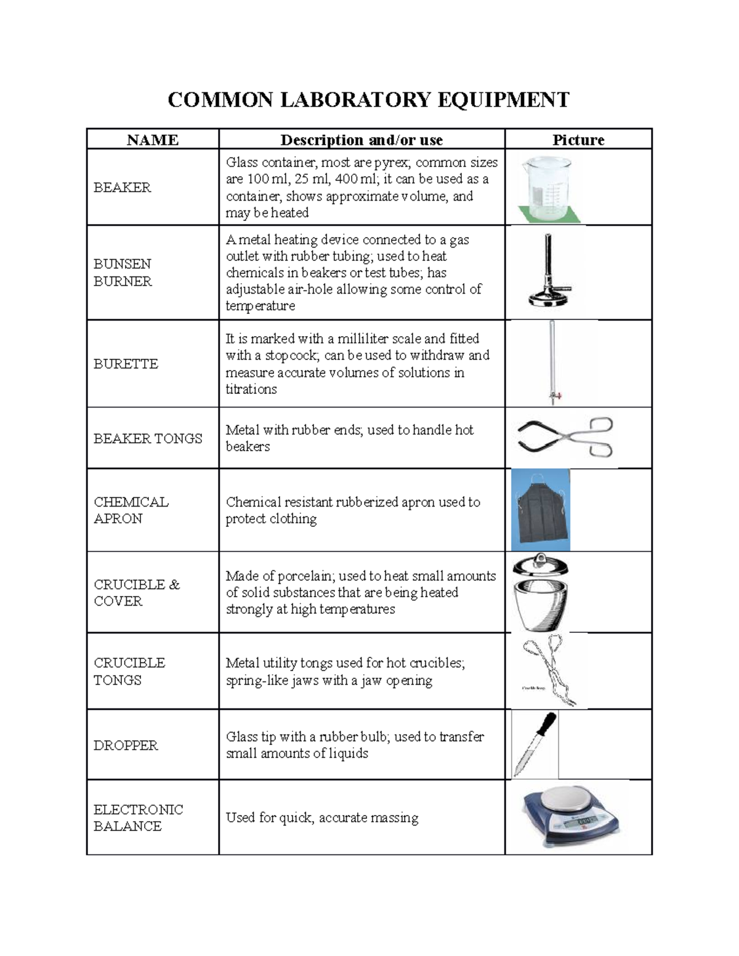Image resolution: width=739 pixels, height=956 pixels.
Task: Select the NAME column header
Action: click(x=152, y=140)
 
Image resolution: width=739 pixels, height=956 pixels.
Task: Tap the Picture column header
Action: click(x=578, y=140)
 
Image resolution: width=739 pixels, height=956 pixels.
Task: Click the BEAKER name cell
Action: click(x=122, y=187)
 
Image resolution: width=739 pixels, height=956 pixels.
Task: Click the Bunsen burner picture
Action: click(x=548, y=271)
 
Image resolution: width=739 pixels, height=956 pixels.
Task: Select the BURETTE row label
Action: click(x=126, y=364)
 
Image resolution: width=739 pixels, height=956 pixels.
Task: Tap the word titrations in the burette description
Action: click(x=251, y=389)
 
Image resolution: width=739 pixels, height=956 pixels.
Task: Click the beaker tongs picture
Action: click(x=565, y=438)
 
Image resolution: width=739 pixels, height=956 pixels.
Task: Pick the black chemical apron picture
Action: click(x=541, y=510)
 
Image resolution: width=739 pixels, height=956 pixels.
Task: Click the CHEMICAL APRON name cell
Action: click(x=131, y=510)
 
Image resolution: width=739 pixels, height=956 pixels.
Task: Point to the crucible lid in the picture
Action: click(x=540, y=565)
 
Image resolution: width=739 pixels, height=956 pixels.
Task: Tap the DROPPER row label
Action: click(x=126, y=745)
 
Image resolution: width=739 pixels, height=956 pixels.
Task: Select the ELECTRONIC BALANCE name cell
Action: click(x=138, y=817)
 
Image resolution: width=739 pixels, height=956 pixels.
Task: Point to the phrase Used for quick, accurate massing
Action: click(x=322, y=817)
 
